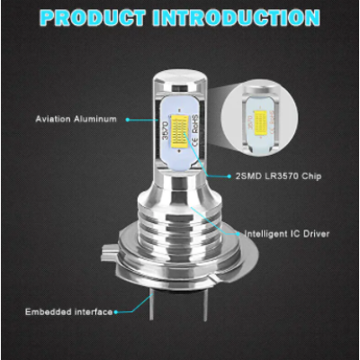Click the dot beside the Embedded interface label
(119, 311)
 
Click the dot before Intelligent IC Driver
(239, 232)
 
